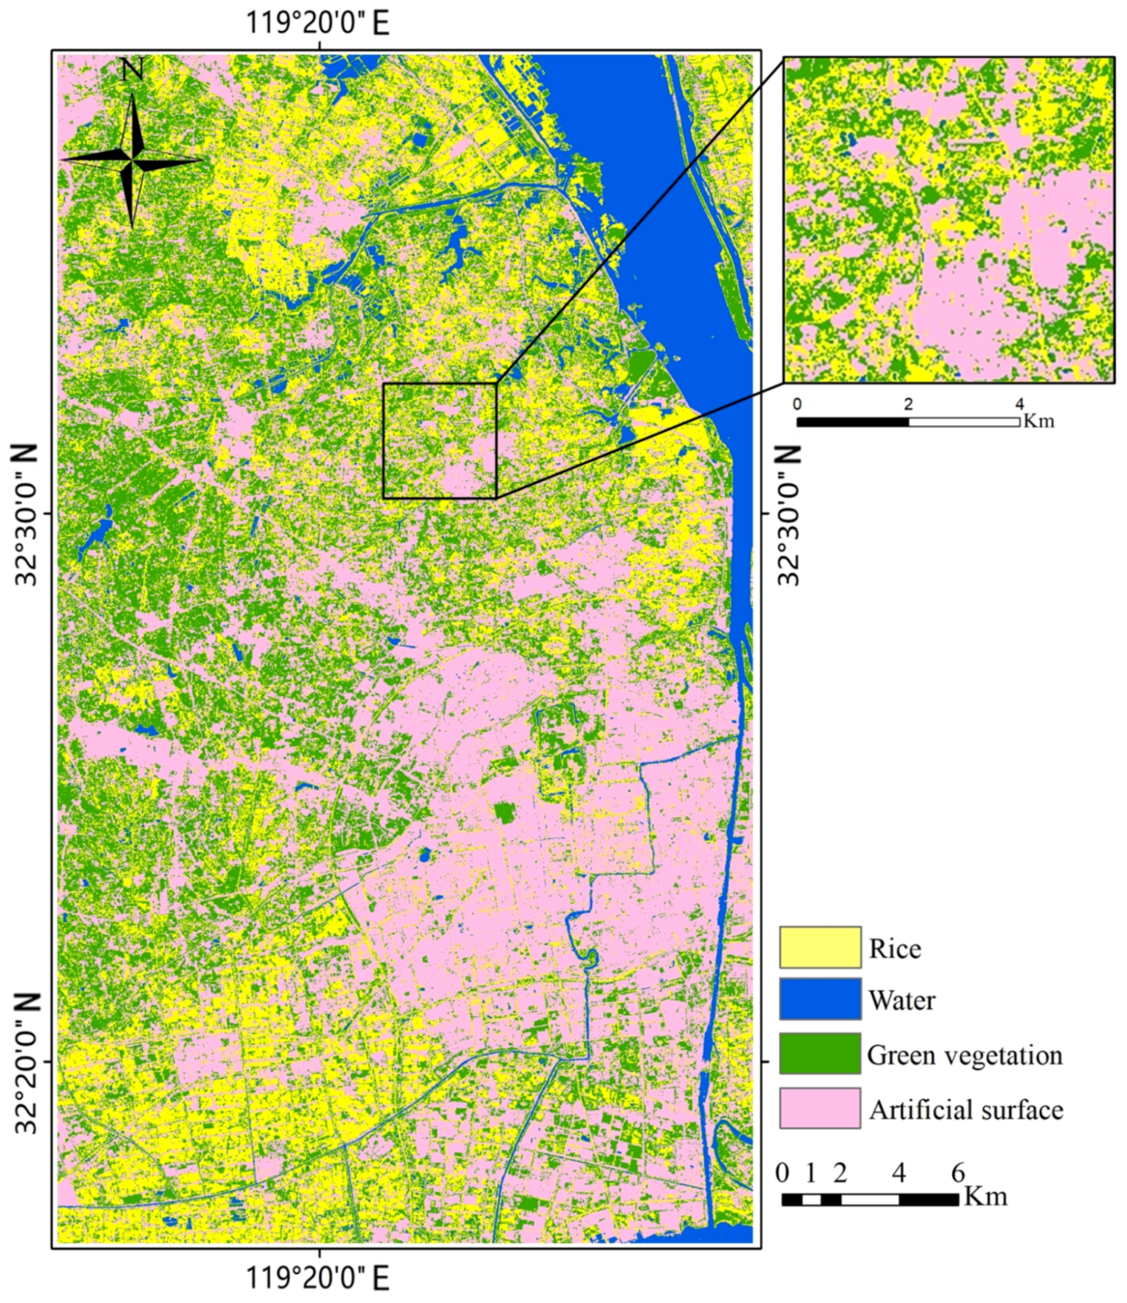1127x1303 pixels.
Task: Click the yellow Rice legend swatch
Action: coord(820,947)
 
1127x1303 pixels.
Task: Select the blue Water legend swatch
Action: coord(820,999)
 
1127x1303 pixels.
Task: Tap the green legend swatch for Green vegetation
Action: coord(820,1054)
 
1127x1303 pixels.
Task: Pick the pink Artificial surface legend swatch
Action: coord(820,1108)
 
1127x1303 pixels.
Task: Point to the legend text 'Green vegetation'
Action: coord(965,1055)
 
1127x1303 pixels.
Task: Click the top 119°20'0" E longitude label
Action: coord(318,24)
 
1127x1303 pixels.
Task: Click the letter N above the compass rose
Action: coord(132,70)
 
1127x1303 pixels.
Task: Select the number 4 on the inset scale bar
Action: coord(1019,404)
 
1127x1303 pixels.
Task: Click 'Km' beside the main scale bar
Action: coord(987,1195)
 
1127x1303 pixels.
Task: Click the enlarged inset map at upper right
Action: coord(948,219)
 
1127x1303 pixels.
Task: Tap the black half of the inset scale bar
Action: coord(852,422)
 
